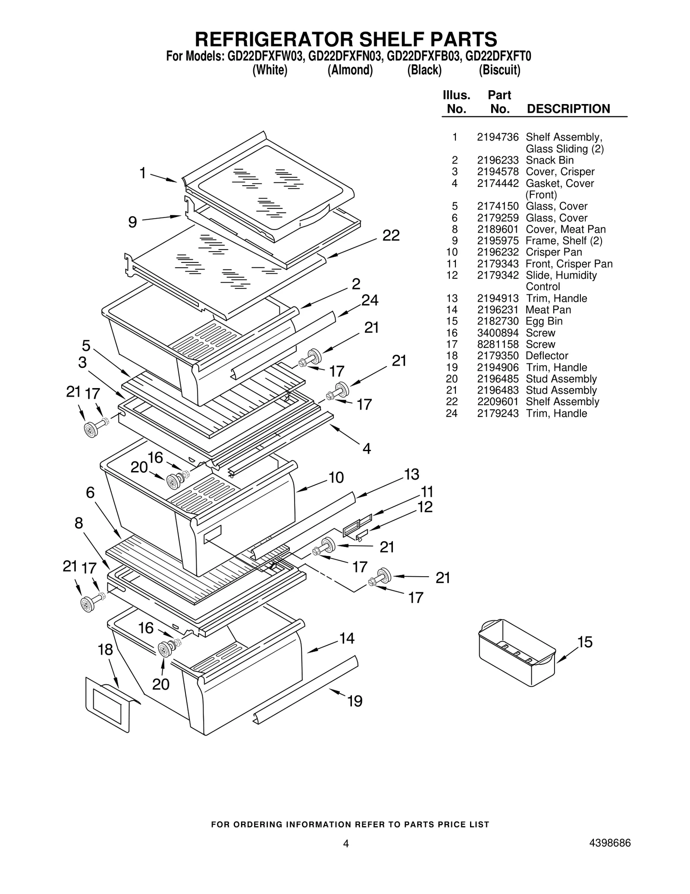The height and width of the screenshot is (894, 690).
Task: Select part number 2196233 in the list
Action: pos(497,160)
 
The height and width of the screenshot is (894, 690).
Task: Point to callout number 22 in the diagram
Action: pos(391,236)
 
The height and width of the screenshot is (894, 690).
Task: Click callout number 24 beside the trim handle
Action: pos(370,300)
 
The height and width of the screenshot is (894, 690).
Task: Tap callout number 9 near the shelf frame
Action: pos(132,222)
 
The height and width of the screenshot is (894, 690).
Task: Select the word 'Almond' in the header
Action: pos(350,70)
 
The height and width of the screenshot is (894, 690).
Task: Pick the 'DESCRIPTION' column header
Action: pos(568,109)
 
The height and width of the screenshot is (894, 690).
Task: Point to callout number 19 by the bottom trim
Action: pos(354,701)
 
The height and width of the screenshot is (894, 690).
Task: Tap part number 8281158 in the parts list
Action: pos(497,344)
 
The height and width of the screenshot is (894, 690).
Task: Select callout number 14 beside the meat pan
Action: pos(347,638)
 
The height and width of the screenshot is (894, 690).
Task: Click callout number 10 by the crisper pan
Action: pos(336,477)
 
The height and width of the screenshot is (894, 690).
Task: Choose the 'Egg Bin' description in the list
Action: pos(544,321)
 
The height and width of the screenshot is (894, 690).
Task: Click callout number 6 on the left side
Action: pos(90,493)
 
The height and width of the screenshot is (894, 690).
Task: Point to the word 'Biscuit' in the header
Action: pos(499,70)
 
